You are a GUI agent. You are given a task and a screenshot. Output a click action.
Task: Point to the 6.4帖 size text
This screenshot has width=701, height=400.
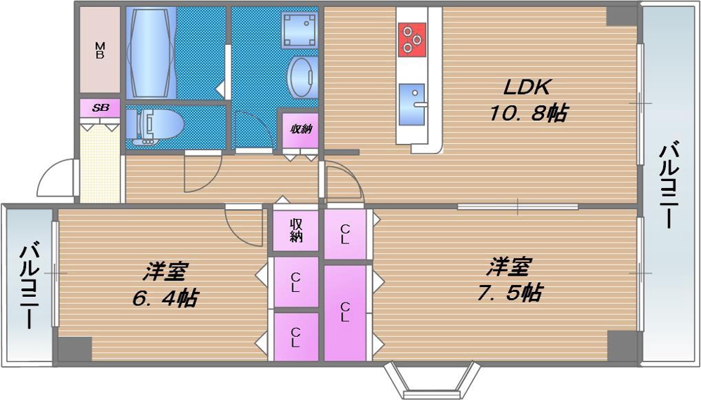point(165,298)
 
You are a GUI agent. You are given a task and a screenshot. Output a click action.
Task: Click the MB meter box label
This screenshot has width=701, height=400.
point(100,51)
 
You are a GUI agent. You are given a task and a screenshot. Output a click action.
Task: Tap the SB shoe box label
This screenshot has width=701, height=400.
point(100,108)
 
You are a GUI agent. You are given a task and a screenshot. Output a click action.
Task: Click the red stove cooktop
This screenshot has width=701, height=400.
point(411,39)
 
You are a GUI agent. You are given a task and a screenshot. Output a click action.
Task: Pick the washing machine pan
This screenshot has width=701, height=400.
point(297,29)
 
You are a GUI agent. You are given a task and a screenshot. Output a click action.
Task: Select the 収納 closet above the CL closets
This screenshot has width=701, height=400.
point(297,230)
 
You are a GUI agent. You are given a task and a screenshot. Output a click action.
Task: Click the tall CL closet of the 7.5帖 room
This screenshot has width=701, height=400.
point(345,312)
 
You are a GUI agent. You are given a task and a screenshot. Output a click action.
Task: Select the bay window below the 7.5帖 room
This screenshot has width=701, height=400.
point(429,379)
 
